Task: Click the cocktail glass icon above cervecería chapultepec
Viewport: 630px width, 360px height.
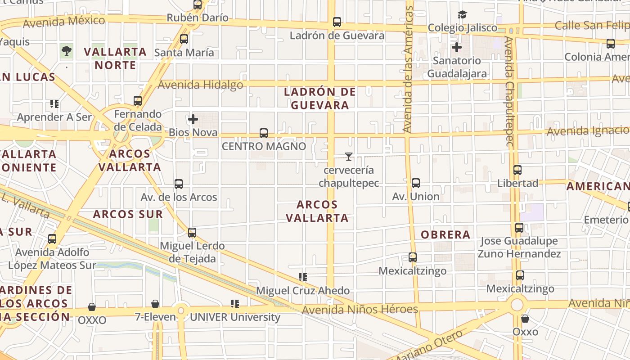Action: pos(349,157)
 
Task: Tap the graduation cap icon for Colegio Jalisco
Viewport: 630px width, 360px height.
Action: pos(462,15)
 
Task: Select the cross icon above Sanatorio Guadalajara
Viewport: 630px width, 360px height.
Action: pos(457,47)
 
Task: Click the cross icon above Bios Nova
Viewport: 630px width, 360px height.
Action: pos(193,119)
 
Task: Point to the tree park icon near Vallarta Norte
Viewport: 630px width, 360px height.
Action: pos(67,51)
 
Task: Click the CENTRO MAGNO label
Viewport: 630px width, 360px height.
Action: pos(264,146)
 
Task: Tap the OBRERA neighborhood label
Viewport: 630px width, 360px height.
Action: pos(445,234)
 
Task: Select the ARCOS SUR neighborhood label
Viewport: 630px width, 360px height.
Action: pos(128,214)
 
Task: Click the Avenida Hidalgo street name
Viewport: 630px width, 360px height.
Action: pos(200,85)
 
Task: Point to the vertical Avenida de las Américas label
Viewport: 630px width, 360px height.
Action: pos(408,70)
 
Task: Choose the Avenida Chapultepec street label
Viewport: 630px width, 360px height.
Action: pos(509,92)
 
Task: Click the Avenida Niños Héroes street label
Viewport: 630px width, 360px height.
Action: pos(360,309)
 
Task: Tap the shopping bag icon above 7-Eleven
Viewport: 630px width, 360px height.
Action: pos(155,304)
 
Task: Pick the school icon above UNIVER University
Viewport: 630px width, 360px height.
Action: pos(234,304)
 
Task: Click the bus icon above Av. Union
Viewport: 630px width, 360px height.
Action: pos(416,183)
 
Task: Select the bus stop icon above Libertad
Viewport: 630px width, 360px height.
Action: pos(517,170)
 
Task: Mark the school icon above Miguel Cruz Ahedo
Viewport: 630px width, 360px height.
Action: pos(303,277)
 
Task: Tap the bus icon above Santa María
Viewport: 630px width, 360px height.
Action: pos(184,39)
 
